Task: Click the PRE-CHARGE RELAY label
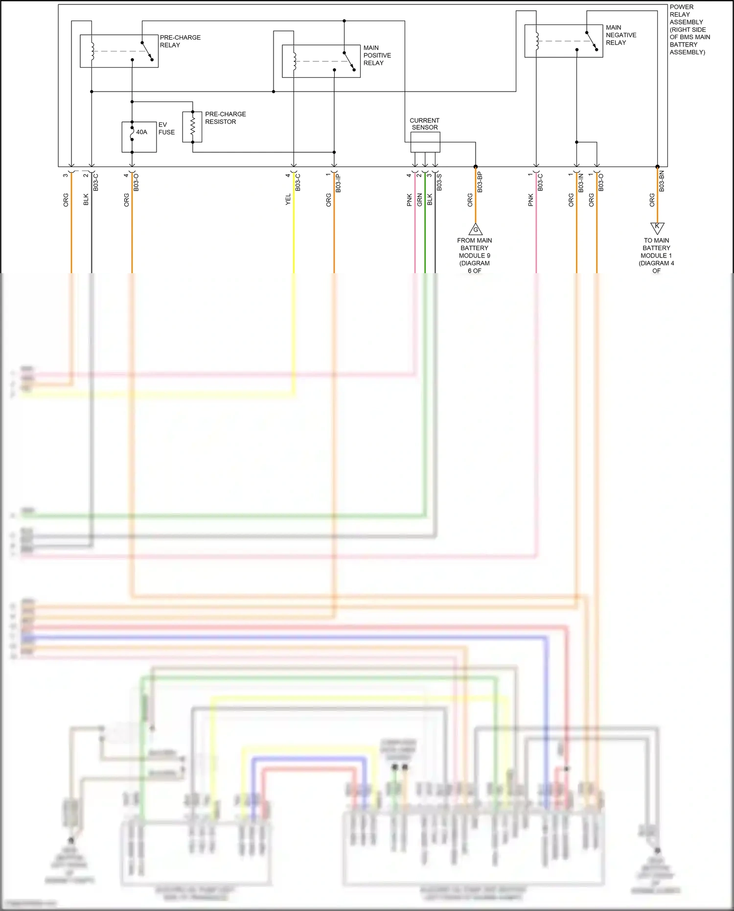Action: [180, 41]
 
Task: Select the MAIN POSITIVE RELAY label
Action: [377, 55]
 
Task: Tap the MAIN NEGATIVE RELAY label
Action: [620, 35]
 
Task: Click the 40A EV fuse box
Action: [139, 137]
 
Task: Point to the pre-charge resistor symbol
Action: [192, 127]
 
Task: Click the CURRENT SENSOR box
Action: [425, 142]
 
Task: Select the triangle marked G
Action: [475, 230]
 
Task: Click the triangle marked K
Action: [657, 227]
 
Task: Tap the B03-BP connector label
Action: [480, 182]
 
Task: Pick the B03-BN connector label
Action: [662, 181]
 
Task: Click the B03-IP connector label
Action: [338, 183]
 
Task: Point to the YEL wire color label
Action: [288, 199]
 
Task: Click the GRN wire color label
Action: [420, 200]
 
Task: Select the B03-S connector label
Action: [439, 182]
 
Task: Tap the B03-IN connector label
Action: [581, 183]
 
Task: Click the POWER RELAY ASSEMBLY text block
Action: [689, 29]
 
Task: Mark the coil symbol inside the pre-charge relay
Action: [92, 51]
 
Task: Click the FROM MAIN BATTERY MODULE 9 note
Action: [474, 255]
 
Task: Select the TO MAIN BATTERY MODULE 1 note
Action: [656, 255]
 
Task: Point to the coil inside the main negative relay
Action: [537, 41]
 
